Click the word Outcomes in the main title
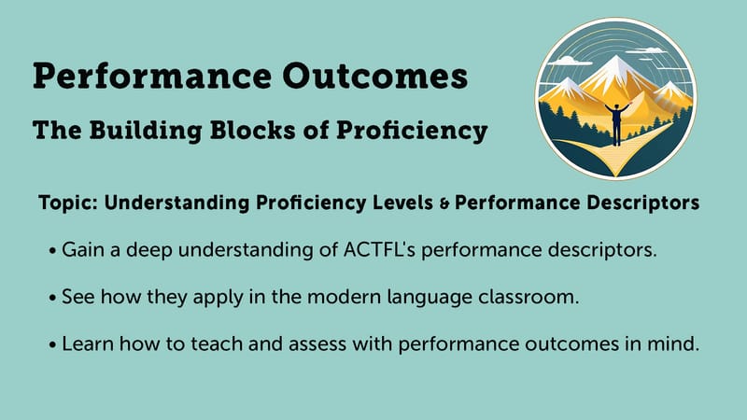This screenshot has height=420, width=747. click(x=375, y=77)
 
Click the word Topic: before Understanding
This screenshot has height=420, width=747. click(x=68, y=203)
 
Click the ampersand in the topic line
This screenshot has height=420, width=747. click(x=444, y=203)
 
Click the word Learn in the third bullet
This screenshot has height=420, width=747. click(x=88, y=343)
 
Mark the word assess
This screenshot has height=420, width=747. click(x=317, y=344)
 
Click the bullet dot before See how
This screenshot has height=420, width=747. click(x=53, y=299)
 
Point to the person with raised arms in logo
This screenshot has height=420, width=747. click(x=617, y=123)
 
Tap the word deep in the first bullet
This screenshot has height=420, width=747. click(x=148, y=250)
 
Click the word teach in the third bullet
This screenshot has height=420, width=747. click(x=217, y=343)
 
